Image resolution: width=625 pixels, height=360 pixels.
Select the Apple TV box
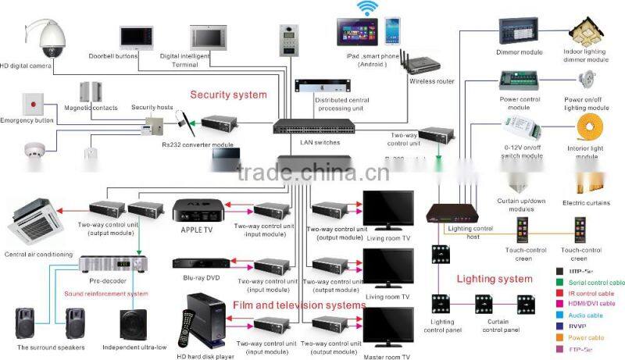click(194, 211)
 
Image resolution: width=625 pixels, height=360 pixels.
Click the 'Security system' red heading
click(229, 94)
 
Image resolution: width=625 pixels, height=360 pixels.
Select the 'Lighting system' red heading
click(494, 279)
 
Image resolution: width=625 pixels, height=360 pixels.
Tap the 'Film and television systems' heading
click(298, 305)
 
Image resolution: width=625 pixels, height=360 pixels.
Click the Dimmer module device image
click(518, 31)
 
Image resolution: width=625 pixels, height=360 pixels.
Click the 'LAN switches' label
click(316, 143)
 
